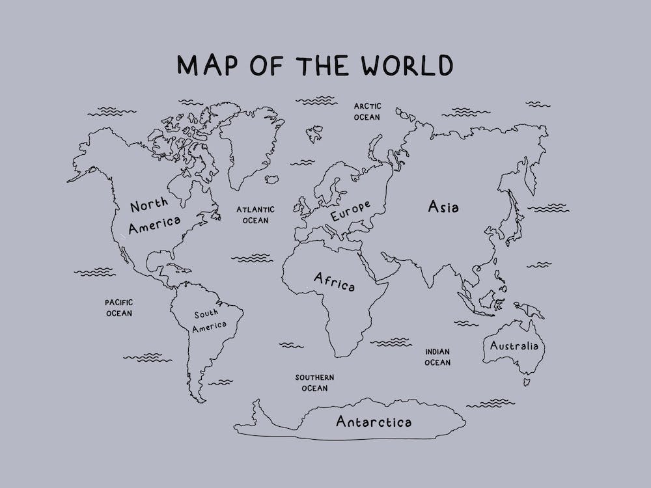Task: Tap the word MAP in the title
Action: point(203,65)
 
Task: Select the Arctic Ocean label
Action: point(367,111)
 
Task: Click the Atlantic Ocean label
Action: point(255,215)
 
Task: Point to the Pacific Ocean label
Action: point(119,308)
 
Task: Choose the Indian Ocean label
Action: point(437,357)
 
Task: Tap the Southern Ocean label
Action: point(314,383)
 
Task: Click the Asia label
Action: point(443,207)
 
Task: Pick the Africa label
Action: point(334,282)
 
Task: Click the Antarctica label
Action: point(374,422)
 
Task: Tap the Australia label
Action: point(514,346)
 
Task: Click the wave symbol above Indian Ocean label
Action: point(394,341)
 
